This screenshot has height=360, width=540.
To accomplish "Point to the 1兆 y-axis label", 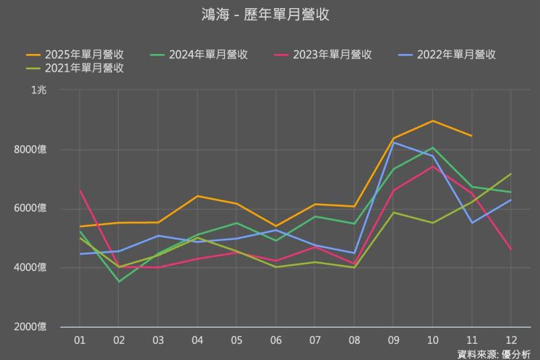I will [38, 91].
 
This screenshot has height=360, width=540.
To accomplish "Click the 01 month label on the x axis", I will [80, 340].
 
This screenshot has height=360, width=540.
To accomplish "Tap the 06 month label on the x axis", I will [275, 340].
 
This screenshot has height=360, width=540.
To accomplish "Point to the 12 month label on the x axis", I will [510, 340].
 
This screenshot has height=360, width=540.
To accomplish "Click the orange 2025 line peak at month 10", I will [432, 121].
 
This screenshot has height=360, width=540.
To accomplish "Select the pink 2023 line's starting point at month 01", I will [80, 191].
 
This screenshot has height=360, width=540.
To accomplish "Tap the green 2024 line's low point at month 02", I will [119, 282].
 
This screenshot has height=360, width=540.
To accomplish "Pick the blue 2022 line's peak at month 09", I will [393, 143].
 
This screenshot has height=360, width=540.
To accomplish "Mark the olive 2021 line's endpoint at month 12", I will [510, 174].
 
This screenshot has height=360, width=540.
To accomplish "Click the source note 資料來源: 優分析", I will [494, 354].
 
